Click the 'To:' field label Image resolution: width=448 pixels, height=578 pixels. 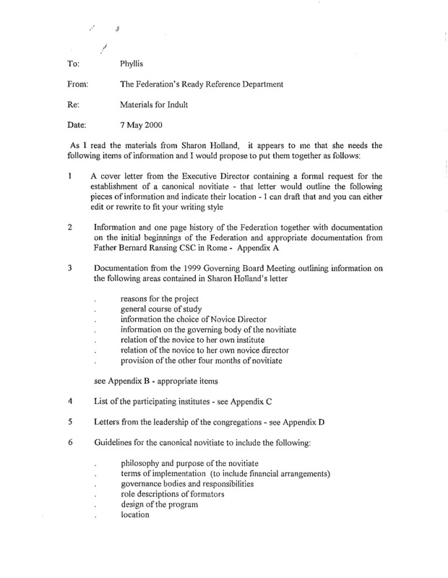pos(66,63)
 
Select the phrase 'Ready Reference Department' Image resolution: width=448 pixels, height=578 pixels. pos(231,85)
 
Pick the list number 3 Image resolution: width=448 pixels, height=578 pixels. pos(63,268)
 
